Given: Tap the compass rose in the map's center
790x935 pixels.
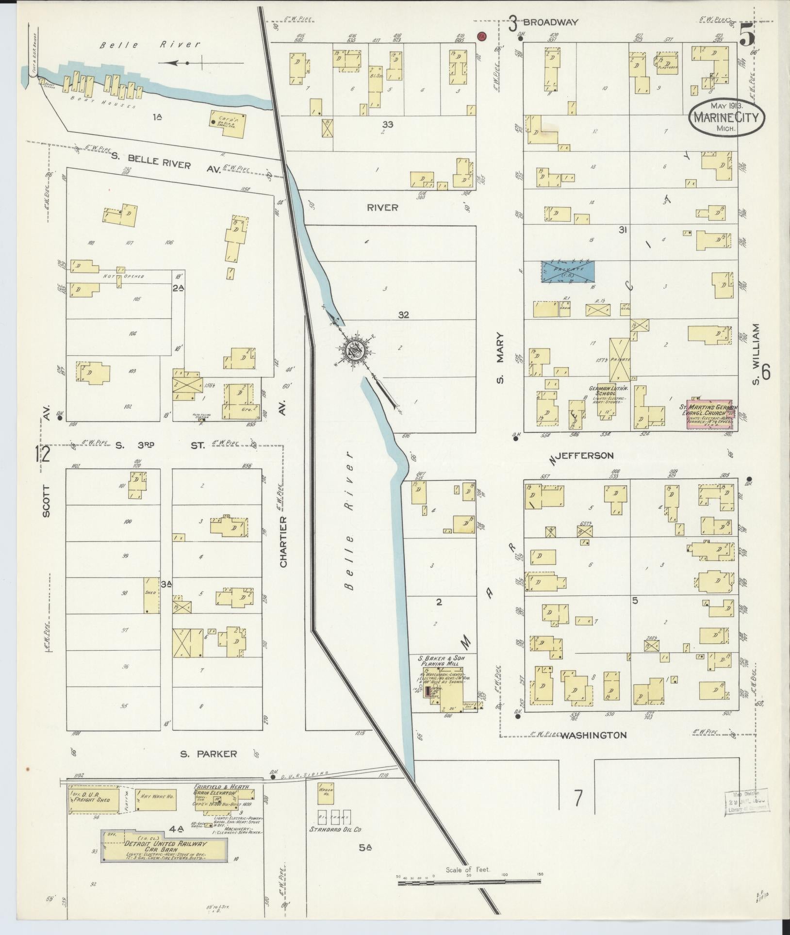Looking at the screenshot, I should coord(354,350).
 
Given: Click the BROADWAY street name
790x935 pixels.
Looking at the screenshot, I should coord(551,22).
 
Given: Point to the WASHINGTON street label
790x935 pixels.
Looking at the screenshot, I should coord(593,749).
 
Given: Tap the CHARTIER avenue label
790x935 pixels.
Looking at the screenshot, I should coord(283,541).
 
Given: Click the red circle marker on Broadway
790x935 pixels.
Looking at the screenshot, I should coord(481,36).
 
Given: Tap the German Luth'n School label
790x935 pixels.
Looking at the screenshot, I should coord(609,392).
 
